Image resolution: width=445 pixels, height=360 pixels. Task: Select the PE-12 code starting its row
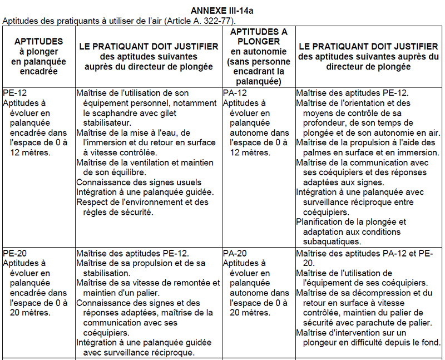tap(14, 92)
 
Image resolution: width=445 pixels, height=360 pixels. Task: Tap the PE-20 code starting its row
tap(14, 253)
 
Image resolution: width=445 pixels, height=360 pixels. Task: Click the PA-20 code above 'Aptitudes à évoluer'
tap(235, 253)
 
